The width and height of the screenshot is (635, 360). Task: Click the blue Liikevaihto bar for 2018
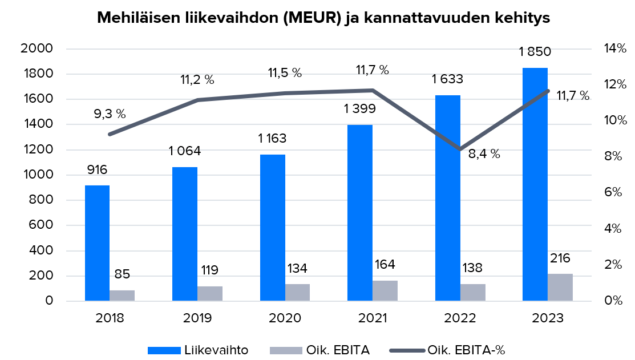tap(97, 243)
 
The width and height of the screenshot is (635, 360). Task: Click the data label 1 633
tap(447, 79)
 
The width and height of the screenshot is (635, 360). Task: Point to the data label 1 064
tap(185, 151)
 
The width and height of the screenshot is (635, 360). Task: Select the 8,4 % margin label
tap(484, 153)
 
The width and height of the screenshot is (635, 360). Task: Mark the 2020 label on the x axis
tap(285, 318)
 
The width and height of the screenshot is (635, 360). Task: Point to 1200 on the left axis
tap(37, 149)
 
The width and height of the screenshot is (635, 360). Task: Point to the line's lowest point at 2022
tap(460, 149)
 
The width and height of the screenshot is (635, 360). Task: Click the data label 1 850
tap(535, 52)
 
